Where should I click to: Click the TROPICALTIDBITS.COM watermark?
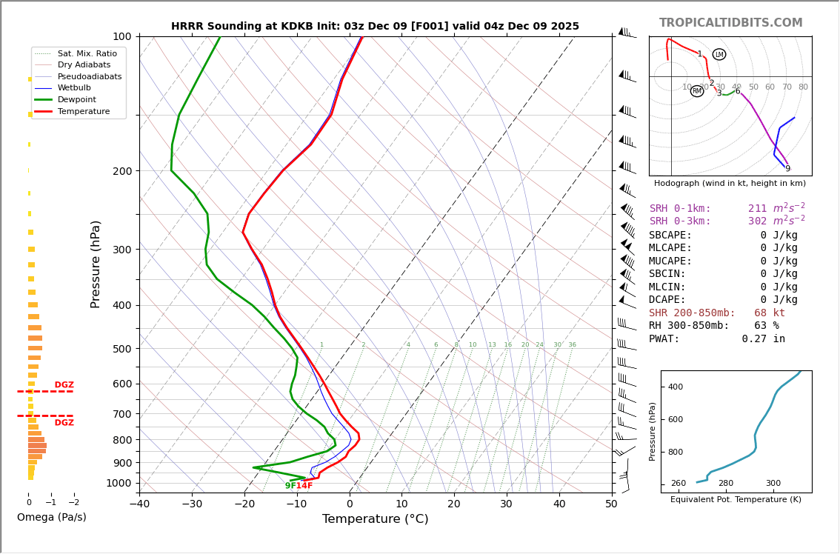point(730,23)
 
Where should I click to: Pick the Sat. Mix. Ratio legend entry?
point(87,53)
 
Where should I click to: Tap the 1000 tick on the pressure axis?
point(119,483)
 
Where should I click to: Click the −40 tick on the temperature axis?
point(139,505)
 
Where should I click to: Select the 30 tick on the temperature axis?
point(506,505)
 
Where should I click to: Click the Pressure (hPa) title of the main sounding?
point(96,264)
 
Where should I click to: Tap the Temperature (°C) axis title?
point(375,519)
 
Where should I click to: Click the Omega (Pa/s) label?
point(52,517)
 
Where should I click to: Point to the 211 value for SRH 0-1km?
point(757,209)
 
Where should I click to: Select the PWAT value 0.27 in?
point(763,339)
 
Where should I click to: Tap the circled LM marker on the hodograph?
point(719,54)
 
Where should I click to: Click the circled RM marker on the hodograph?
point(697,91)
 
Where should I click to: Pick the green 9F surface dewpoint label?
point(290,486)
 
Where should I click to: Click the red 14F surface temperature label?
point(304,486)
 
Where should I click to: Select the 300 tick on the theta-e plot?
point(773,484)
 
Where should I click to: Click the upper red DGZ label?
point(64,385)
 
